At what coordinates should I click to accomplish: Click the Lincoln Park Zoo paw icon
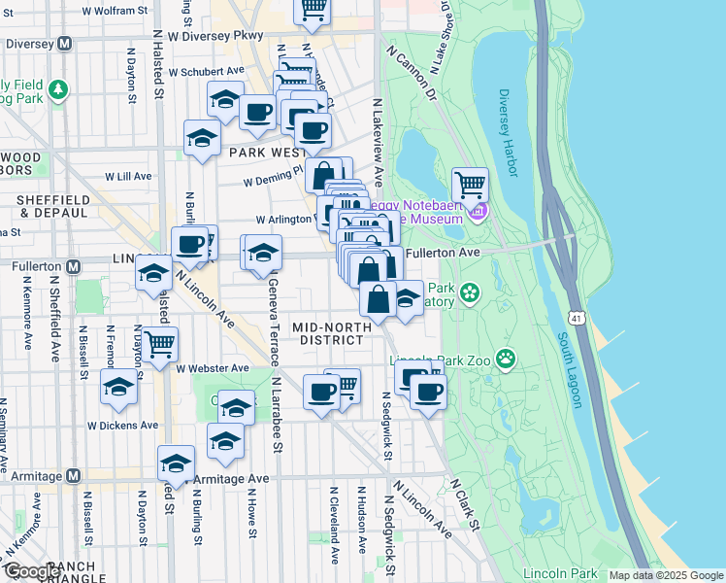[506, 360]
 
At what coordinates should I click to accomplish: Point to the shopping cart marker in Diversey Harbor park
[470, 182]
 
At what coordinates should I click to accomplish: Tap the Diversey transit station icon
[65, 44]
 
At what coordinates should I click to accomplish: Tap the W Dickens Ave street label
[122, 425]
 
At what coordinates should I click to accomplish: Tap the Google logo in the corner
[33, 571]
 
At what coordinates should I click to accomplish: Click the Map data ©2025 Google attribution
[667, 575]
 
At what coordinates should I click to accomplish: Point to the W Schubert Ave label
[207, 71]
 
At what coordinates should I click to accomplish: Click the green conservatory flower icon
[471, 291]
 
